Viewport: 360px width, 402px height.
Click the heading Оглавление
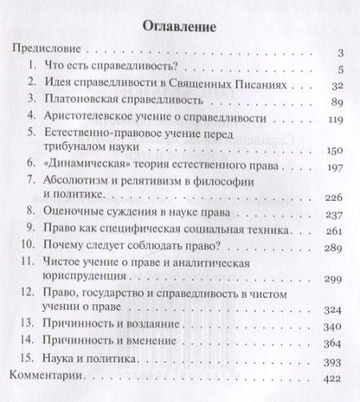tap(179, 25)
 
